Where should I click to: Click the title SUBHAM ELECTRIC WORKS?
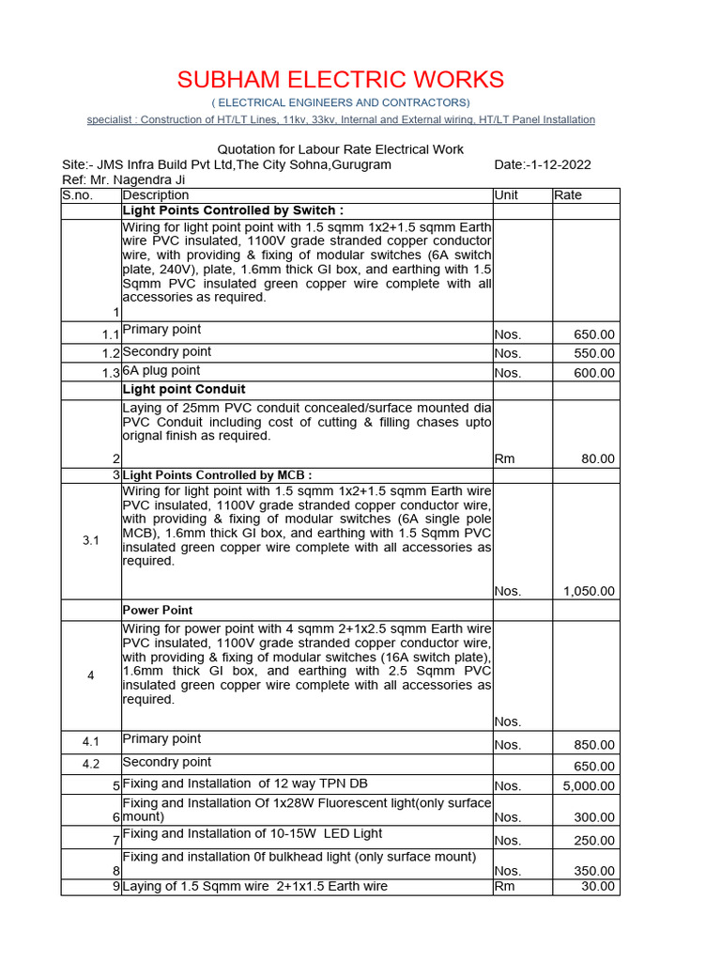[341, 80]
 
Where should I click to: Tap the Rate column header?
[568, 195]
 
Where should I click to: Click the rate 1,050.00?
[589, 591]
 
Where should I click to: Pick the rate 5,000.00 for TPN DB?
[589, 785]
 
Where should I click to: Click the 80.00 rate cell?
[597, 458]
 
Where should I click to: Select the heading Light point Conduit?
[184, 389]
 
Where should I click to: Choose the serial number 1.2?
[111, 353]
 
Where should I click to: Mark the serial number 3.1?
[91, 540]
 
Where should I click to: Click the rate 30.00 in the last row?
[597, 886]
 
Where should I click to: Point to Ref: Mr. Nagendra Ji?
[123, 179]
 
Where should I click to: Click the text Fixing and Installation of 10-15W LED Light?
[253, 833]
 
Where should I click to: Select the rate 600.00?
[594, 373]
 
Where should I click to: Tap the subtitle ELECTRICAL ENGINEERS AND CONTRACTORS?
[341, 101]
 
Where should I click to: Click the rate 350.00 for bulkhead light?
[594, 871]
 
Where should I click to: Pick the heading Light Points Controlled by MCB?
[217, 475]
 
